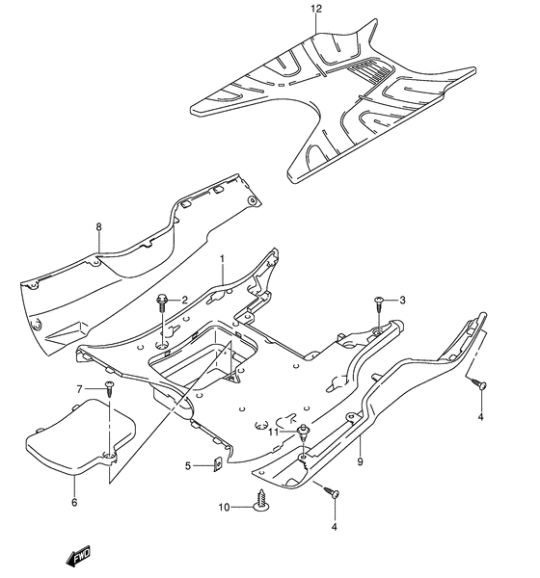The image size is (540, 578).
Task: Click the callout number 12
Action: coord(316,9)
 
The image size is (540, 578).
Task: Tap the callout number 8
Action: coord(98,227)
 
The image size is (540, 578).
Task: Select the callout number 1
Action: coord(222,259)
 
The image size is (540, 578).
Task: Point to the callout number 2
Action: coord(184,300)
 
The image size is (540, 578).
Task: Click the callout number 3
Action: coord(402,300)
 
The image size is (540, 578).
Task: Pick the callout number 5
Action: coord(188,466)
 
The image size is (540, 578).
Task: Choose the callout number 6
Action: coord(74,502)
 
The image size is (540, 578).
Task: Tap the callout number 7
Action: coord(79,389)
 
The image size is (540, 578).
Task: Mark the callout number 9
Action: coord(361,461)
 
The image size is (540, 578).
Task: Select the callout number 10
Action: coord(224,508)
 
